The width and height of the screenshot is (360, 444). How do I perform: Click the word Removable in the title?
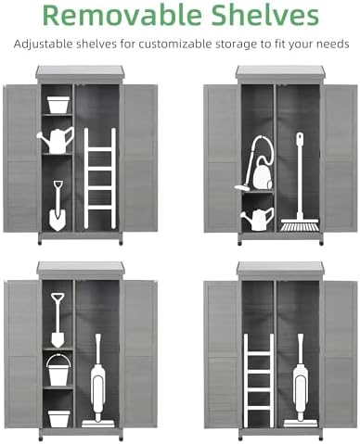pyautogui.click(x=122, y=15)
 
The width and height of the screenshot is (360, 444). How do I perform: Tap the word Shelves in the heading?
pyautogui.click(x=265, y=15)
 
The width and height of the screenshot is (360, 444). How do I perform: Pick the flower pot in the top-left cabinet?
pyautogui.click(x=58, y=105)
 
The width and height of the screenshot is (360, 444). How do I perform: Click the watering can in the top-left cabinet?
pyautogui.click(x=56, y=141)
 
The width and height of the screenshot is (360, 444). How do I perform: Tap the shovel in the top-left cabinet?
pyautogui.click(x=58, y=206)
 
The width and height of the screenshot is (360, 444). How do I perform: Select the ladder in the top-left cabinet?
pyautogui.click(x=100, y=179)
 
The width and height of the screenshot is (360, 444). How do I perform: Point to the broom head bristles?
pyautogui.click(x=300, y=227)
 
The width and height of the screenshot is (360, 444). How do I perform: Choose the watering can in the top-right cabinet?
pyautogui.click(x=258, y=219)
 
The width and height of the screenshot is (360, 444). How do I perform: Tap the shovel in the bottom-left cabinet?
pyautogui.click(x=58, y=320)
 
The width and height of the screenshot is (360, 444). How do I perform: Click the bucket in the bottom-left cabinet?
pyautogui.click(x=58, y=370)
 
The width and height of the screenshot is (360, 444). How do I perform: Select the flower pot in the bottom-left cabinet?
pyautogui.click(x=58, y=419)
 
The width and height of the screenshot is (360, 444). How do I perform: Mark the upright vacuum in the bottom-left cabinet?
pyautogui.click(x=98, y=381)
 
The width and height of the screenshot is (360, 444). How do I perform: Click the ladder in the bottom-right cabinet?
pyautogui.click(x=259, y=381)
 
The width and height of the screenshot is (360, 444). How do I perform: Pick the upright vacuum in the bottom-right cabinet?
pyautogui.click(x=300, y=381)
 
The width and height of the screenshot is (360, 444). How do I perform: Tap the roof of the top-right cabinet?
pyautogui.click(x=280, y=72)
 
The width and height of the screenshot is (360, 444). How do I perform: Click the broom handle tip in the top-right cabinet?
pyautogui.click(x=300, y=134)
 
